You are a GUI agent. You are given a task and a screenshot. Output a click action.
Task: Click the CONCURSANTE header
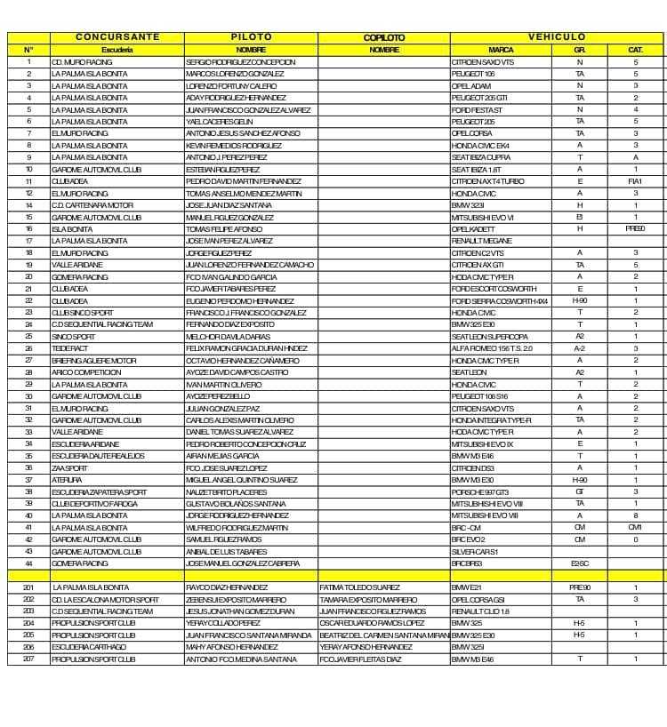[x=117, y=37]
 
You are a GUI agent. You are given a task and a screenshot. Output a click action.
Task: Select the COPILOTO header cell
[x=384, y=37]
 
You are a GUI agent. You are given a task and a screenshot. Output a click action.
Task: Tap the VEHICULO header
[x=558, y=37]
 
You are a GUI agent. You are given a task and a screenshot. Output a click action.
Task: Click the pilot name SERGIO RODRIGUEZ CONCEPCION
[x=240, y=62]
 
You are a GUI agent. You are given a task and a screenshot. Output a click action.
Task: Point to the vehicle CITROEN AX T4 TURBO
[x=488, y=181]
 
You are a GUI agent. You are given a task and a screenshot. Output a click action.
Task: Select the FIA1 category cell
[x=635, y=181]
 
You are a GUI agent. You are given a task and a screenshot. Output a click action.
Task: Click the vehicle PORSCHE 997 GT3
[x=480, y=491]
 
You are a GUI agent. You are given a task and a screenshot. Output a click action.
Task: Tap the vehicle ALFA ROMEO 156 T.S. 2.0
[x=492, y=348]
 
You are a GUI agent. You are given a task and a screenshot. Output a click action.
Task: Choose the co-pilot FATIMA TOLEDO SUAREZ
[x=359, y=587]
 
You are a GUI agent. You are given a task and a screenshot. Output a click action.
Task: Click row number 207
[x=28, y=659]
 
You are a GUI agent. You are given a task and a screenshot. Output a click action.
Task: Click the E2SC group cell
[x=580, y=563]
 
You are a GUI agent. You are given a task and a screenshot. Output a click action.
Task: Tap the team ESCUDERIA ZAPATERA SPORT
[x=99, y=491]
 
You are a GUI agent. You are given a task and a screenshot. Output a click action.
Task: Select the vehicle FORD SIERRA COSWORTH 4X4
[x=499, y=301]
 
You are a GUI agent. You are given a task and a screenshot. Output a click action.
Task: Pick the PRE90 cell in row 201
[x=580, y=587]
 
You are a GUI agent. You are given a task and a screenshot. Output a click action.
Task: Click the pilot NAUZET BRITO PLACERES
[x=226, y=491]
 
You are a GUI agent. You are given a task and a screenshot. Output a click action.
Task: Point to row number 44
[x=28, y=563]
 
